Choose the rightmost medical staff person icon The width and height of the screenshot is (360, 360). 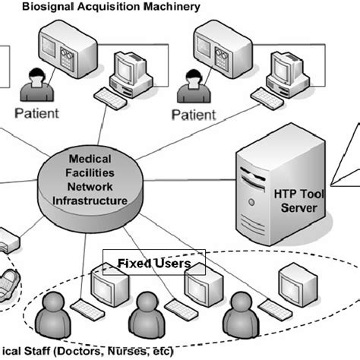235,320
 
